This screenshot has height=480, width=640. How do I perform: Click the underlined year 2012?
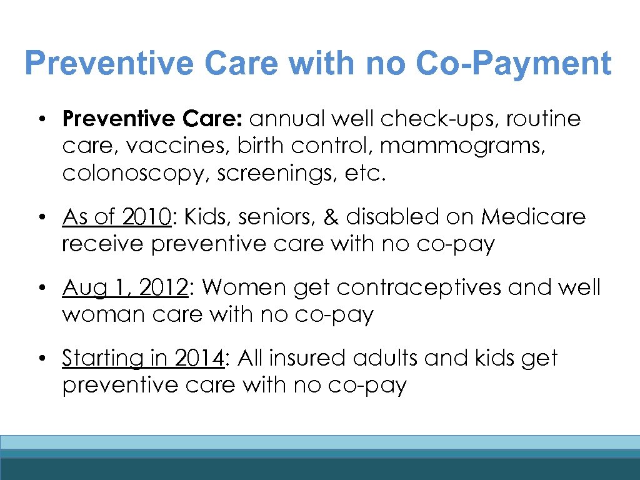tap(163, 287)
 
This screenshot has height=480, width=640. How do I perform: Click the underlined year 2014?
tap(199, 359)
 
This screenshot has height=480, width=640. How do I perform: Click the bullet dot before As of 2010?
tap(41, 217)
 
